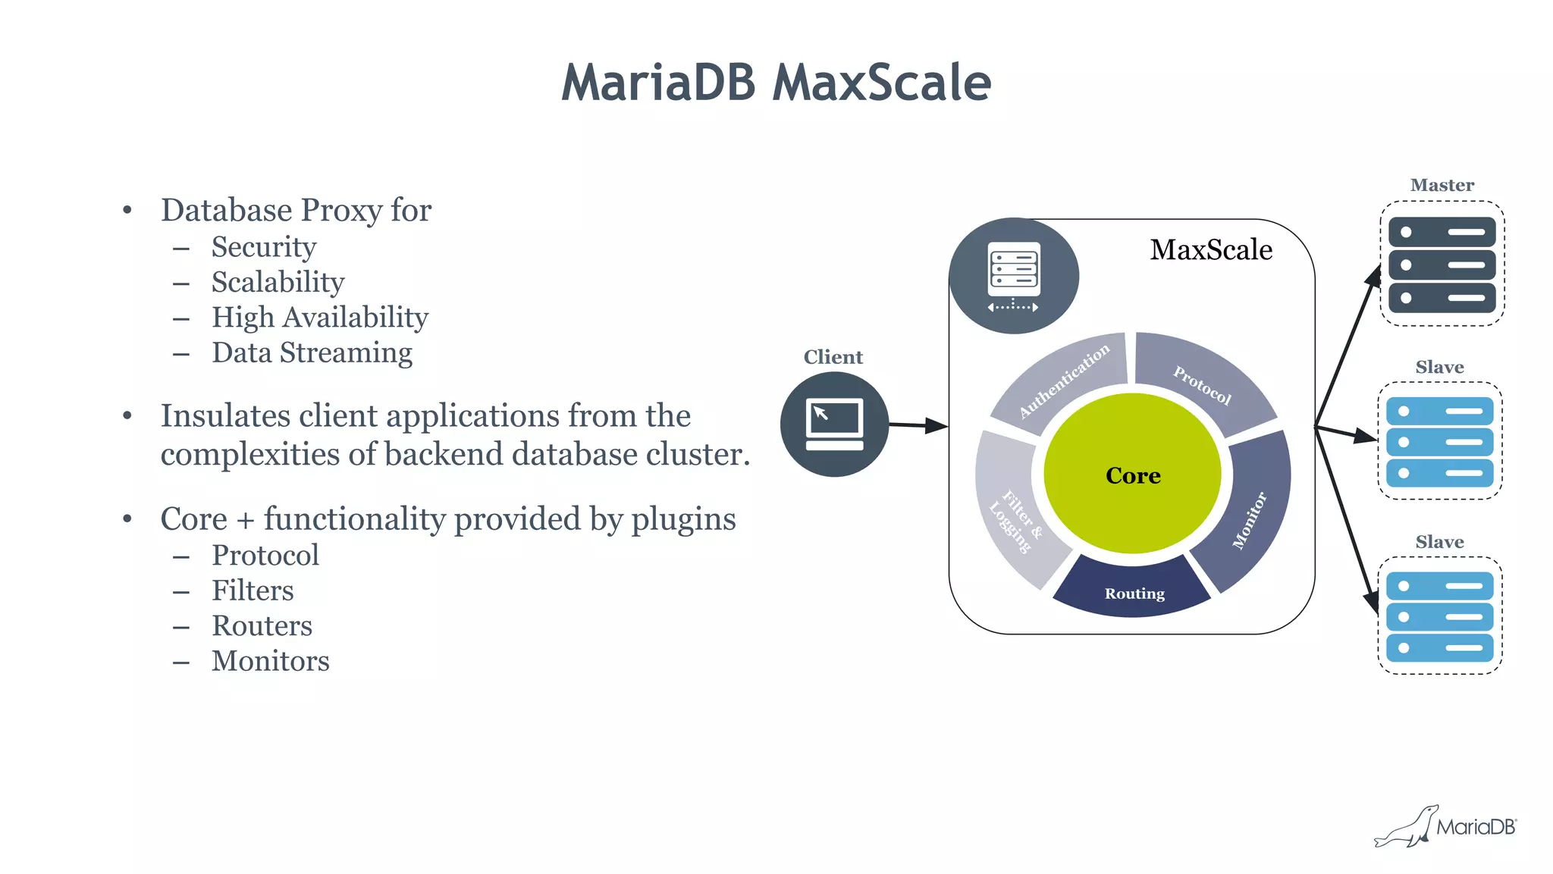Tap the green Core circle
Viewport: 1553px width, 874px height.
click(x=1132, y=475)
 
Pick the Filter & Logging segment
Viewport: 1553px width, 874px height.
click(x=1012, y=515)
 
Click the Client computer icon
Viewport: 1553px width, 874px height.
click(x=834, y=424)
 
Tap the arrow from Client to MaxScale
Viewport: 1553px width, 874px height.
click(x=918, y=425)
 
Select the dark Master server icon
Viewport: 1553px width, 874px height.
click(x=1442, y=265)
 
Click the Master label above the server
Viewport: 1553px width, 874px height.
click(x=1442, y=185)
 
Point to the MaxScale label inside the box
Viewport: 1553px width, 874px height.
click(x=1211, y=249)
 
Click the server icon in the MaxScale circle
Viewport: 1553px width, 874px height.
click(x=1014, y=274)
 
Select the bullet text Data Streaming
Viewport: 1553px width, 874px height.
click(x=312, y=352)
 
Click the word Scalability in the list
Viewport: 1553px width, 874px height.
click(x=278, y=282)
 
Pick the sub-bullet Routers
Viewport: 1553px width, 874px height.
click(x=262, y=625)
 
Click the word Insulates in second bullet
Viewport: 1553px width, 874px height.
click(x=225, y=415)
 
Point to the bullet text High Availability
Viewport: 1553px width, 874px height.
click(x=319, y=317)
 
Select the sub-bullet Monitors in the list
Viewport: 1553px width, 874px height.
click(x=270, y=661)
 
